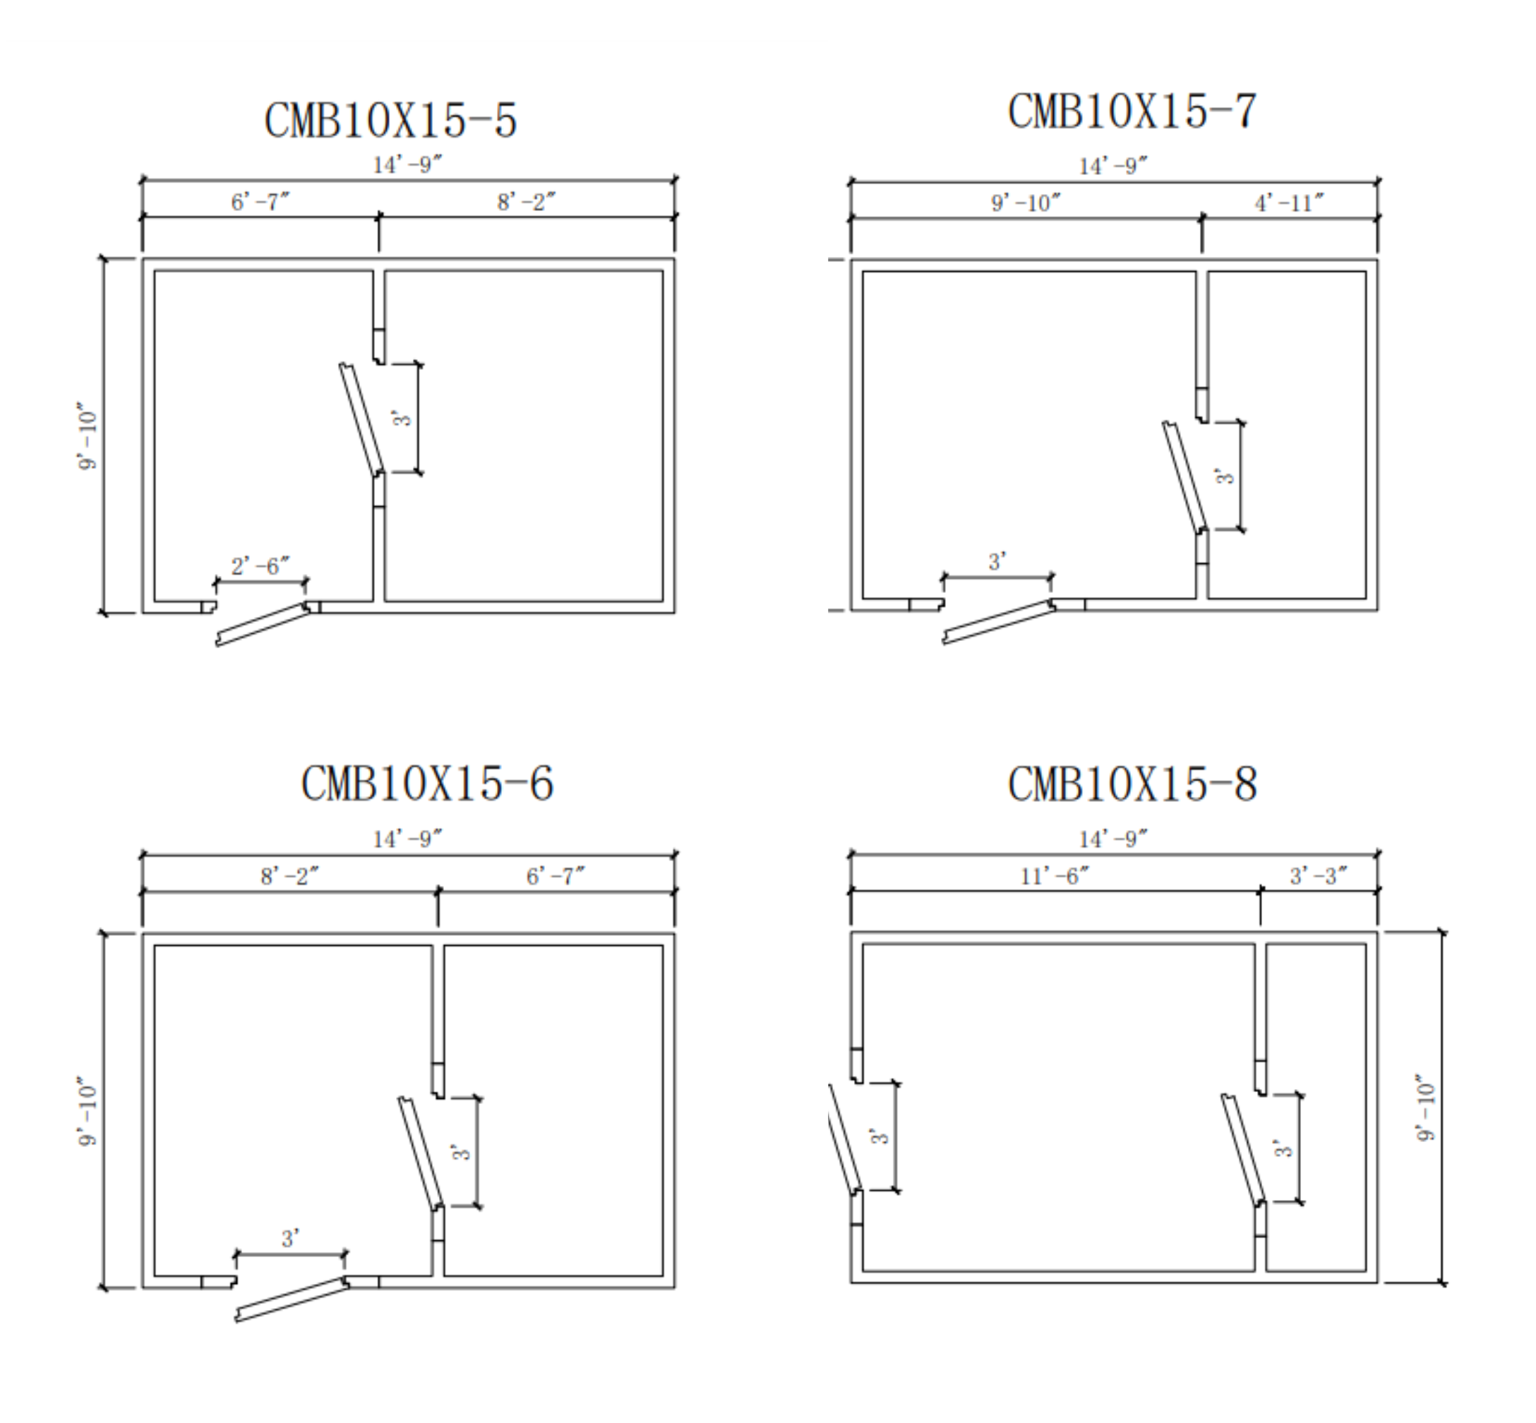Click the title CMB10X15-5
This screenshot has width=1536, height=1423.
point(390,120)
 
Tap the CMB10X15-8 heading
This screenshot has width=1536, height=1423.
point(1132,784)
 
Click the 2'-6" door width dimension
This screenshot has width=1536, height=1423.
point(260,566)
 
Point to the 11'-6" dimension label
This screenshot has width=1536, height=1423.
point(1055,875)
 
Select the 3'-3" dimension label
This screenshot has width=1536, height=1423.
point(1319,875)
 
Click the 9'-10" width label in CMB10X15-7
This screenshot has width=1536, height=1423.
point(1026,203)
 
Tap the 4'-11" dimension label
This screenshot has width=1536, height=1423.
point(1290,203)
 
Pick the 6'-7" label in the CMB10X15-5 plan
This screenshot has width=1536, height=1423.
point(260,202)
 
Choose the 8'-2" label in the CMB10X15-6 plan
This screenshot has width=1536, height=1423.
point(289,875)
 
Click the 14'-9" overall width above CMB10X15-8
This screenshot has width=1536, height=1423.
point(1113,839)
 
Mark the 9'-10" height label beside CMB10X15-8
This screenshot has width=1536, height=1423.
point(1425,1108)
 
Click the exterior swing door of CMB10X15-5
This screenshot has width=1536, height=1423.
point(262,625)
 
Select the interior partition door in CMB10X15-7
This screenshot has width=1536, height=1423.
point(1185,476)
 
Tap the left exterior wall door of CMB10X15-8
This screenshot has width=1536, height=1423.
point(845,1138)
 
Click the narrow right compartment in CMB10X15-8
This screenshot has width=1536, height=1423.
point(1316,1108)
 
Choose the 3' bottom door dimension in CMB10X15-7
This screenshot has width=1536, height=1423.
point(997,561)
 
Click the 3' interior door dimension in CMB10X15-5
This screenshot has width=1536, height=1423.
point(402,418)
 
